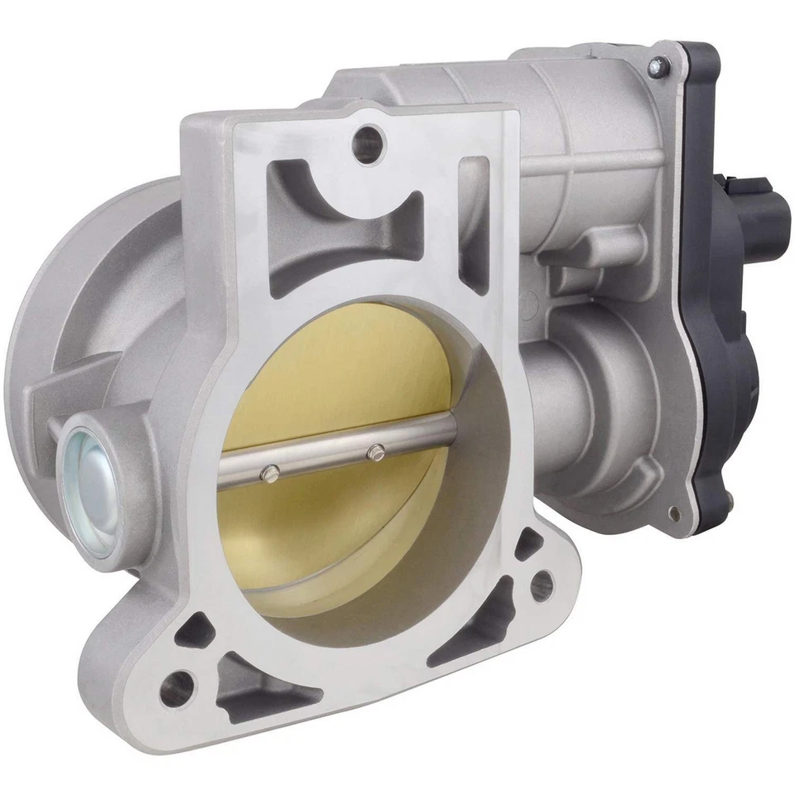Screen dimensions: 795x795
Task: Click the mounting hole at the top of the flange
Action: (x=367, y=144)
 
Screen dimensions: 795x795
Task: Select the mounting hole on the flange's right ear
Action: (x=540, y=585)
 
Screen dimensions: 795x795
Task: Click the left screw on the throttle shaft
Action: (x=269, y=473)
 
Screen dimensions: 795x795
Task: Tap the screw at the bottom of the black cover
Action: (x=679, y=513)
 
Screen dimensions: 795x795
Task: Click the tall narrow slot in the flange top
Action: (x=475, y=224)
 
